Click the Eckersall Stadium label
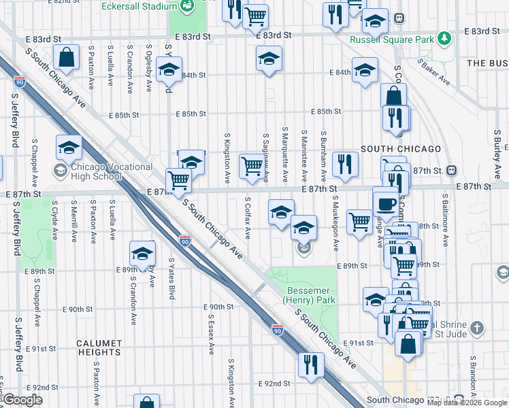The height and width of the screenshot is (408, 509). coord(135,6)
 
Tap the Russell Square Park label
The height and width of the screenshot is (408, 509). coord(391,39)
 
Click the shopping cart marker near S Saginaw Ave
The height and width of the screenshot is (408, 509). coord(252,166)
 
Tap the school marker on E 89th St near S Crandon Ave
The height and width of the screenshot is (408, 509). coord(142,254)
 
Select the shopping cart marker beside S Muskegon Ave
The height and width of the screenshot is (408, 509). coord(359,222)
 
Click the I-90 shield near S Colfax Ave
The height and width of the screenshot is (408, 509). coord(185,241)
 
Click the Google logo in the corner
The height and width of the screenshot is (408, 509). coord(22,400)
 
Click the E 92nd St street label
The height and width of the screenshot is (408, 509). coord(274,384)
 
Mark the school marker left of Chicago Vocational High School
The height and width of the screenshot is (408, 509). coord(69,148)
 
